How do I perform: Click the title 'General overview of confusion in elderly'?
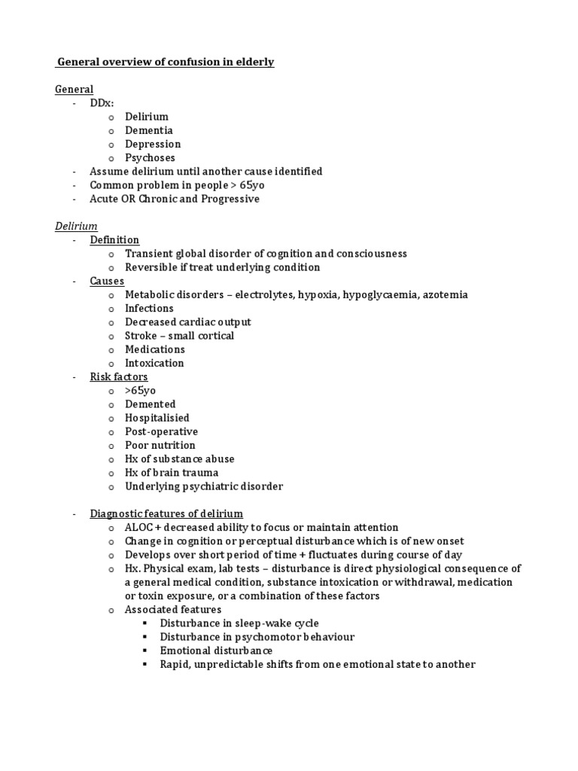pos(166,62)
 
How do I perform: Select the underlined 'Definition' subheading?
pos(114,239)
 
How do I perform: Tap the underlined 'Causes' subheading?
pos(107,281)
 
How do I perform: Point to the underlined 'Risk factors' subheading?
pos(119,376)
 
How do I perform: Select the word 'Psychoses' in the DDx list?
pos(150,157)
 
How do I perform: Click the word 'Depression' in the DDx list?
pos(153,144)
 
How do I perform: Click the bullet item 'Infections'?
pos(149,308)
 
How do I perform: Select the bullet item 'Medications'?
pos(154,349)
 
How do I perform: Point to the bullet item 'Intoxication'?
pos(154,363)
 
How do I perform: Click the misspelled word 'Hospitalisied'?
pos(157,418)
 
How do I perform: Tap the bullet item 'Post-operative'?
pos(161,431)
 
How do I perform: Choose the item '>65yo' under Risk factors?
pos(140,390)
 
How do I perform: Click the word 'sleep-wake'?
pos(262,623)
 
